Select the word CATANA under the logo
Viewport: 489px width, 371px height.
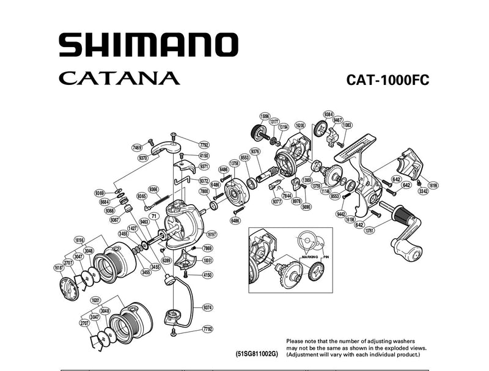120,79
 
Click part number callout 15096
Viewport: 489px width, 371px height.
265,116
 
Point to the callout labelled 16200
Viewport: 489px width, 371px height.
300,125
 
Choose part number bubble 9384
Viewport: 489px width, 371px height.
328,114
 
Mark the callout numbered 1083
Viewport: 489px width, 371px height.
347,125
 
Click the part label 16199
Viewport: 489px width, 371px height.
433,185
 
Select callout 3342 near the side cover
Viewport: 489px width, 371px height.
423,191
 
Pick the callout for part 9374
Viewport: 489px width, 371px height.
208,307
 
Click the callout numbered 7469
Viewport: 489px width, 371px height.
137,147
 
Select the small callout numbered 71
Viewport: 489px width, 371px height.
154,216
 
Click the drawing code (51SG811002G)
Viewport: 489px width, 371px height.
256,354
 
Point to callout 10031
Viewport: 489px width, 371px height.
208,260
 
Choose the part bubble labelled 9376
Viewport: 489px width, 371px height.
256,152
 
